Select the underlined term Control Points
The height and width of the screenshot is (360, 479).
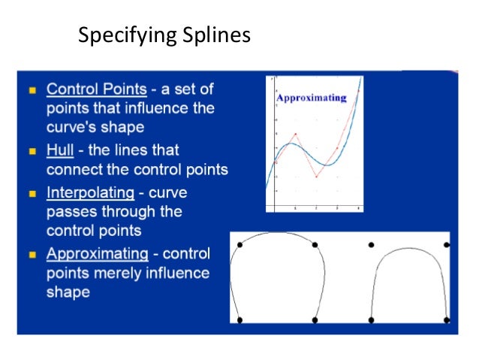pyautogui.click(x=96, y=89)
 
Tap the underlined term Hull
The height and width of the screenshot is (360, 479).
pyautogui.click(x=60, y=150)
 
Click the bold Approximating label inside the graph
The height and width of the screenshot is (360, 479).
pyautogui.click(x=312, y=98)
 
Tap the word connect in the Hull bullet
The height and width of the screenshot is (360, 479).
pyautogui.click(x=74, y=169)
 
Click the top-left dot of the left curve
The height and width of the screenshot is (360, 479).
pyautogui.click(x=239, y=244)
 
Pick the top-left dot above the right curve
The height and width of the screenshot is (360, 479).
pyautogui.click(x=372, y=244)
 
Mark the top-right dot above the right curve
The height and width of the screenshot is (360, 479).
pyautogui.click(x=447, y=244)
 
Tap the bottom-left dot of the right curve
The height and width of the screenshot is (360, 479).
pyautogui.click(x=372, y=320)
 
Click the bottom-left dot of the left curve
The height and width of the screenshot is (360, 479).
pyautogui.click(x=239, y=320)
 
